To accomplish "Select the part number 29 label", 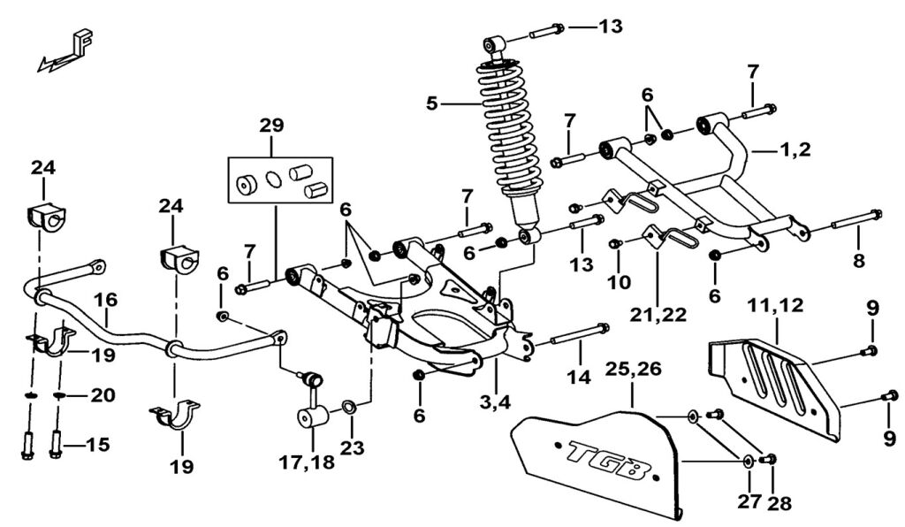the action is coord(272,125).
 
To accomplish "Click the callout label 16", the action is coord(107,300).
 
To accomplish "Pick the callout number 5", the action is coord(432,104).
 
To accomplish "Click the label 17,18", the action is coord(307,462).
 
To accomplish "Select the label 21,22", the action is coord(658,315).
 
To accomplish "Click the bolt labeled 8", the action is coord(856,220).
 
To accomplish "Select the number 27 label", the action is coord(749,501).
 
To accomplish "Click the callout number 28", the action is coord(780,503).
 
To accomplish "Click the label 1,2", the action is coord(796,150).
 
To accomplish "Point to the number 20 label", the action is coord(103,395).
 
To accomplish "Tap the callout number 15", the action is coord(98,445).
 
